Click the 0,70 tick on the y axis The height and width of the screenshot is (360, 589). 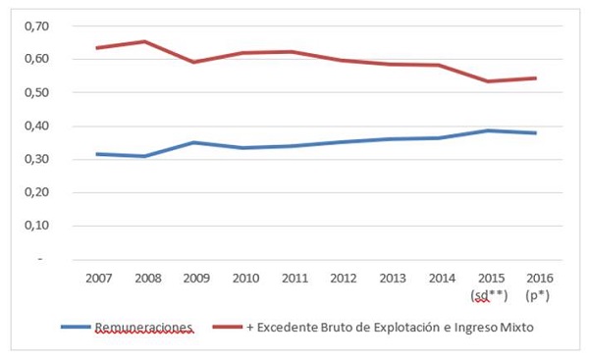[35, 26]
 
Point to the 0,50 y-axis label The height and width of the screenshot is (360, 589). [35, 92]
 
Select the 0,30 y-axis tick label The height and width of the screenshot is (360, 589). [35, 159]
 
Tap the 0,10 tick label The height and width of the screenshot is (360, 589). [35, 226]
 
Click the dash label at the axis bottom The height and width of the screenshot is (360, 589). [40, 259]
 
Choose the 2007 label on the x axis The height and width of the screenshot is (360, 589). [99, 279]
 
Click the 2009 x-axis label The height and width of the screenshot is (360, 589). [196, 279]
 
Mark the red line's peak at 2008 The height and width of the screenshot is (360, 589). [147, 41]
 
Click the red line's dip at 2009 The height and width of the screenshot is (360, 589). [196, 62]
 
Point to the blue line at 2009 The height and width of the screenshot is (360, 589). [196, 142]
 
